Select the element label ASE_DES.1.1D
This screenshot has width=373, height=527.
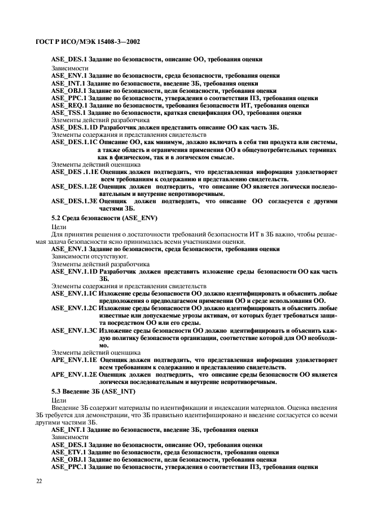(74, 128)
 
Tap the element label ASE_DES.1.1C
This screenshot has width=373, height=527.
(74, 142)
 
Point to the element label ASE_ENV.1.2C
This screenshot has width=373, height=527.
(74, 309)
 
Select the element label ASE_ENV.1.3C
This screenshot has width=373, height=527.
(74, 331)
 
